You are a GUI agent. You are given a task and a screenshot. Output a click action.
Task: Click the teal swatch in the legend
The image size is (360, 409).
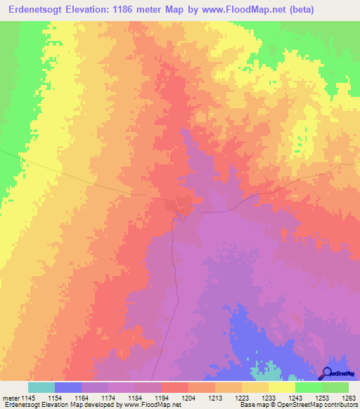click(x=41, y=387)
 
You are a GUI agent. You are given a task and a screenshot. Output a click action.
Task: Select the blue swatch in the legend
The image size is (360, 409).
click(x=67, y=387)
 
